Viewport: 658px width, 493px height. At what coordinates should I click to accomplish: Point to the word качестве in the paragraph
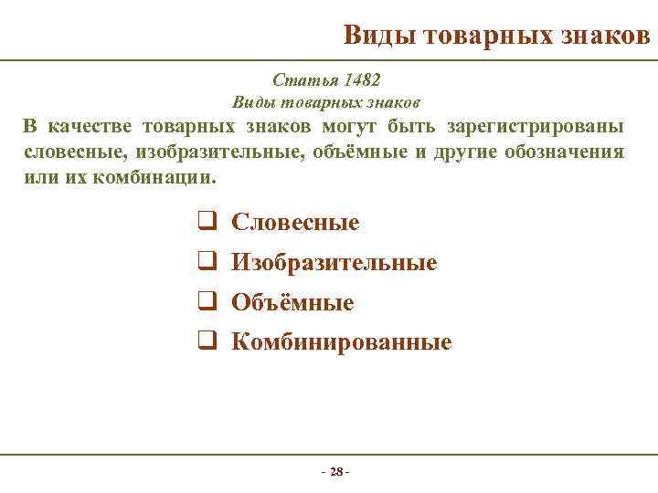pyautogui.click(x=96, y=125)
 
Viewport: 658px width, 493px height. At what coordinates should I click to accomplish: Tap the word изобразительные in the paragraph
pyautogui.click(x=189, y=151)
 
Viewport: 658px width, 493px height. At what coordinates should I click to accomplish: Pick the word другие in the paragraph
pyautogui.click(x=469, y=151)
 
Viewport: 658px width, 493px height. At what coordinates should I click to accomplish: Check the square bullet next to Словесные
pyautogui.click(x=206, y=222)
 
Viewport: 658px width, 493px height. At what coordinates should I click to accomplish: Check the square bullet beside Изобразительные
pyautogui.click(x=206, y=262)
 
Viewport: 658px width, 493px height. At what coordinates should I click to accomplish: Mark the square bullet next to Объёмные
pyautogui.click(x=206, y=302)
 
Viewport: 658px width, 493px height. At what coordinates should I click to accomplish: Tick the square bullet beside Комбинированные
pyautogui.click(x=206, y=342)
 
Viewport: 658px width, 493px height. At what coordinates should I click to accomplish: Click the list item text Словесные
pyautogui.click(x=295, y=222)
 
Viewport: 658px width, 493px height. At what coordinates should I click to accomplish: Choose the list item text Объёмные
pyautogui.click(x=292, y=302)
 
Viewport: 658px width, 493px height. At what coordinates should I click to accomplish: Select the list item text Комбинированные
pyautogui.click(x=341, y=342)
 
